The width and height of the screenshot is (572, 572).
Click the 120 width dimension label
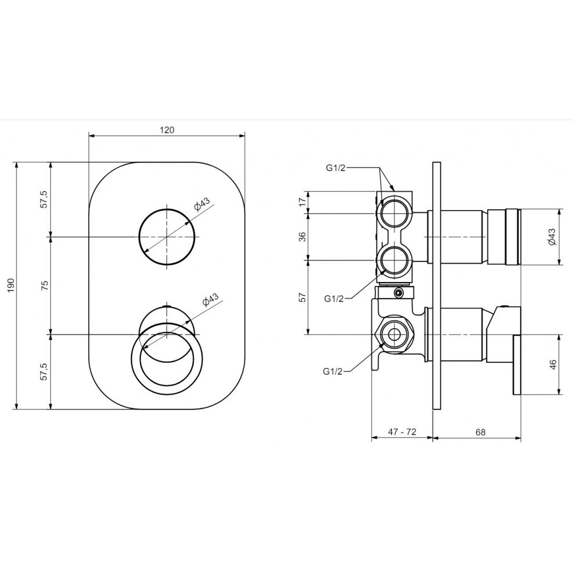[166, 129]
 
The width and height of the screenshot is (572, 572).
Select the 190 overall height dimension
[10, 285]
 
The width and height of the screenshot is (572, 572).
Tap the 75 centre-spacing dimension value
[45, 285]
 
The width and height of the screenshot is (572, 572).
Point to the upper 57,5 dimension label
[44, 199]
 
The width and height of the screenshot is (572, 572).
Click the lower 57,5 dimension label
[44, 372]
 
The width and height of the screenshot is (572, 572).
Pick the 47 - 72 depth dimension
[402, 431]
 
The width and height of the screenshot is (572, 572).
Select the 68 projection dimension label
[480, 432]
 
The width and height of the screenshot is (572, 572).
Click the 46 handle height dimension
[553, 364]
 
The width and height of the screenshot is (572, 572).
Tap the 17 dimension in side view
[303, 202]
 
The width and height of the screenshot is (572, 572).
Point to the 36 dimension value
[303, 237]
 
